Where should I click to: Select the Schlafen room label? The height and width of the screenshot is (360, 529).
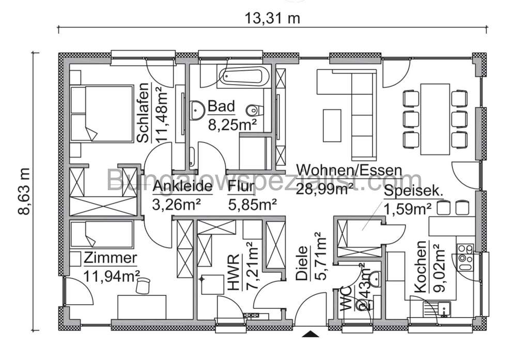144,113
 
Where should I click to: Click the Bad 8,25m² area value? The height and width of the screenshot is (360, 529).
232,124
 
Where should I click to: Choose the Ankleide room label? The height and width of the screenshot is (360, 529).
183,186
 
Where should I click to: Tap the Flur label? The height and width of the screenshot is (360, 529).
241,186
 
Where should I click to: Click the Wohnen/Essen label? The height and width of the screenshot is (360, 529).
349,170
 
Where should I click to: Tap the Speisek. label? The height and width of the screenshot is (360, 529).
413,191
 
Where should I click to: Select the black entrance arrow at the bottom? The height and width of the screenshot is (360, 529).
310,334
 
